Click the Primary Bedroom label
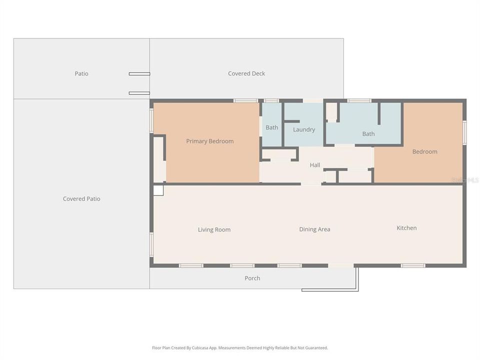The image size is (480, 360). (209, 141)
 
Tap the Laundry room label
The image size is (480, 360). (304, 129)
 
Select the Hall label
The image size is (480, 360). (315, 165)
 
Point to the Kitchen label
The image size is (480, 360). (406, 228)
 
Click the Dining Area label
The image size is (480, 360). (314, 229)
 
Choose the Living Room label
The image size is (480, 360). (214, 230)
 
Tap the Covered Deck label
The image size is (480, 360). (246, 73)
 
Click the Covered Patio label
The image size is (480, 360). (81, 199)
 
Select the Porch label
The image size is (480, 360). (252, 278)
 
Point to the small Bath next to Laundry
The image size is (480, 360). (271, 127)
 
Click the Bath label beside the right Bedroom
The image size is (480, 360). (368, 134)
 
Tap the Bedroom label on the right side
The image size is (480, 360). (425, 151)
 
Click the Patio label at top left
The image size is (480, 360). (81, 73)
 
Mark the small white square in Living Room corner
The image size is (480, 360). (158, 190)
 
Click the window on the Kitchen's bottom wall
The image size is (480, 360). (413, 265)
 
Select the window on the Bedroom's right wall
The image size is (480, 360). (464, 132)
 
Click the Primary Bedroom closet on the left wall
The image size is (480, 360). (159, 159)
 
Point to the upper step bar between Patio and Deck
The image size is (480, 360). (139, 74)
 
